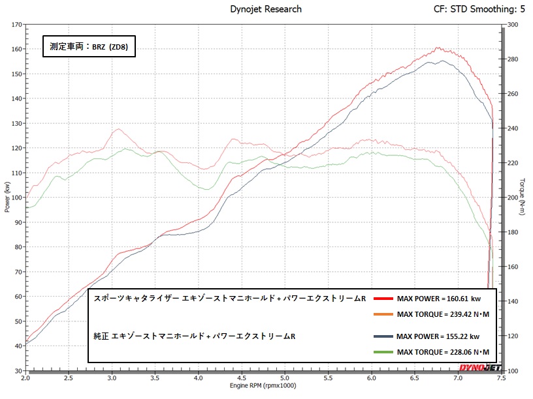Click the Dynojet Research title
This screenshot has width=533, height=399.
point(266,9)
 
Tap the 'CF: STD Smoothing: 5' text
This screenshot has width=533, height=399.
point(479,9)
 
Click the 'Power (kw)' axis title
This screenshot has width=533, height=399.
point(7,198)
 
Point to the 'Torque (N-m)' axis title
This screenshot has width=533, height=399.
point(523,198)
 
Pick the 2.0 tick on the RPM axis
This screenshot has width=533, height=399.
point(26,377)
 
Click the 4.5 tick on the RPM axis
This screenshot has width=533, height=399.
point(241,377)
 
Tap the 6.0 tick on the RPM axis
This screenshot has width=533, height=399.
point(371,377)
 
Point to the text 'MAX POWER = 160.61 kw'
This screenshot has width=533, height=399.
point(438,299)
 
